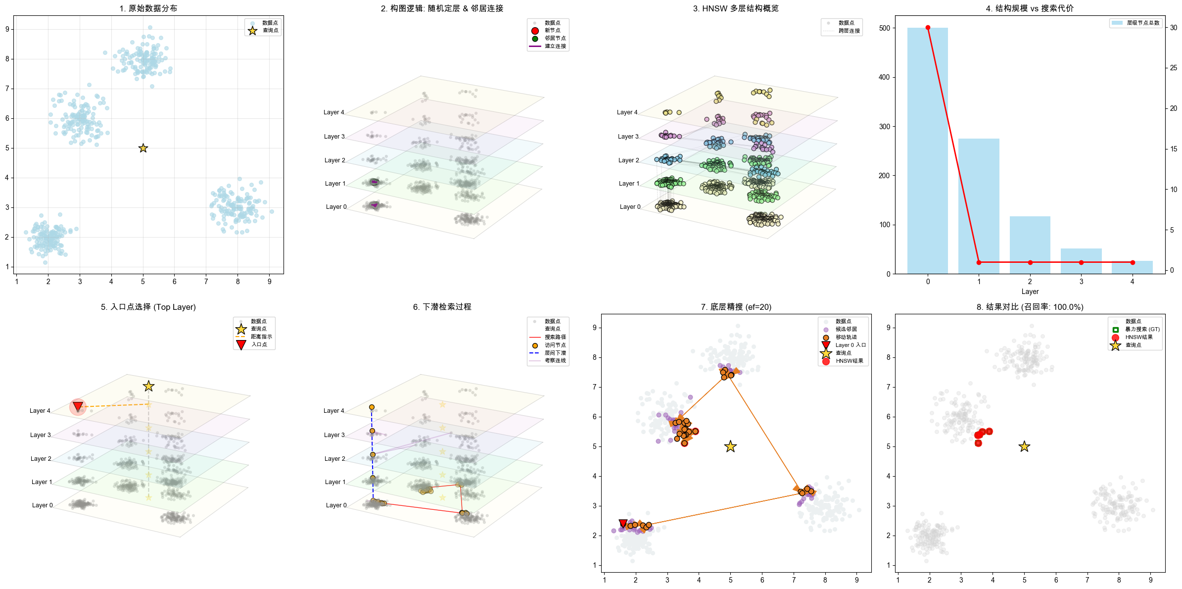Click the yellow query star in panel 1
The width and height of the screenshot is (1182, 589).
coord(143,148)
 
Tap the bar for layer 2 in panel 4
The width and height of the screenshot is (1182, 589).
coord(1030,245)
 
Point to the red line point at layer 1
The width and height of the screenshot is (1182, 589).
coord(979,262)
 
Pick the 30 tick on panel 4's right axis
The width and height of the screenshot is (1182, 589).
coord(1173,28)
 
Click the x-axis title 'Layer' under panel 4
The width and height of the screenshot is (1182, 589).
coord(1030,292)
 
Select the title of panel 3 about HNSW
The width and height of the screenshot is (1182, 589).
coord(735,8)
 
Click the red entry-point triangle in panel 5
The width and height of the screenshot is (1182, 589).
coord(78,407)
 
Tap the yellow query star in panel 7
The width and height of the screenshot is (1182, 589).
coord(730,446)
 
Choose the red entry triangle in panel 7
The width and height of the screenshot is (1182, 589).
coord(623,524)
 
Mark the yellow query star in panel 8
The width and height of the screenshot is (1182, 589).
coord(1024,446)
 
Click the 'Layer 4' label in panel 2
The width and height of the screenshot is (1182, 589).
coord(333,112)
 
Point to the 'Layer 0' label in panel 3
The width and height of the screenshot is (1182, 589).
coord(630,207)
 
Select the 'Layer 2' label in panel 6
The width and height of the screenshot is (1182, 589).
coord(334,459)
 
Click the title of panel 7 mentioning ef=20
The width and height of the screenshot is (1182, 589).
coord(735,307)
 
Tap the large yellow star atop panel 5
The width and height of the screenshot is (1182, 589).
coord(148,386)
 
